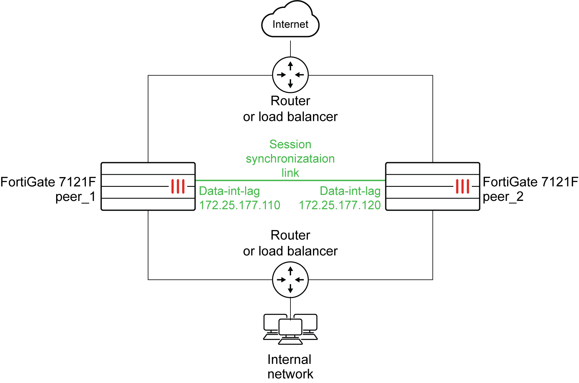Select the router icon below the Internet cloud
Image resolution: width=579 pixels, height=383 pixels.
tap(290, 75)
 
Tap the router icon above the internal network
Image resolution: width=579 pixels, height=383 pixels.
tap(290, 280)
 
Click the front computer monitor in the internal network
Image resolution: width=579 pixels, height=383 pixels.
tap(290, 327)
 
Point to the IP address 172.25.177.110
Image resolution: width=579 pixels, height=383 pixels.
tap(240, 205)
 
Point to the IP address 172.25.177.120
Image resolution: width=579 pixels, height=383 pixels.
tap(340, 205)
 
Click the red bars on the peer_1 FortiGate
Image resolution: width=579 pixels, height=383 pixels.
tap(178, 186)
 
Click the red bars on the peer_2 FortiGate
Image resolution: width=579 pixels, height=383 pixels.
tap(462, 186)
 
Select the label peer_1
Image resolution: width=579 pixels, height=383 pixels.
tap(75, 197)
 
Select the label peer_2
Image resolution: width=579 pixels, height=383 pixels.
tap(503, 197)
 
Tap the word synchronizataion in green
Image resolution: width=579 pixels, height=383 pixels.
tap(290, 159)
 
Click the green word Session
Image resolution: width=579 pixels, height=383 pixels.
tap(290, 144)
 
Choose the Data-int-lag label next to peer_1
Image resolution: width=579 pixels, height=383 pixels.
tap(229, 191)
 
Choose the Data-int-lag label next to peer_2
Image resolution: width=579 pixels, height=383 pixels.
tap(350, 191)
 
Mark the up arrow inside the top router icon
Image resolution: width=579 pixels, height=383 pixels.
tap(290, 66)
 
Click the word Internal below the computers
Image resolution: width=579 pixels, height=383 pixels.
tap(289, 360)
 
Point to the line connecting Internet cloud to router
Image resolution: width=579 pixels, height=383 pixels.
tap(290, 48)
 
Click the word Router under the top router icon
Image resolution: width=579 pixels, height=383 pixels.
tap(290, 101)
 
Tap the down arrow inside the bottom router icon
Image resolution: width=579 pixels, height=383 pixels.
tap(290, 289)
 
